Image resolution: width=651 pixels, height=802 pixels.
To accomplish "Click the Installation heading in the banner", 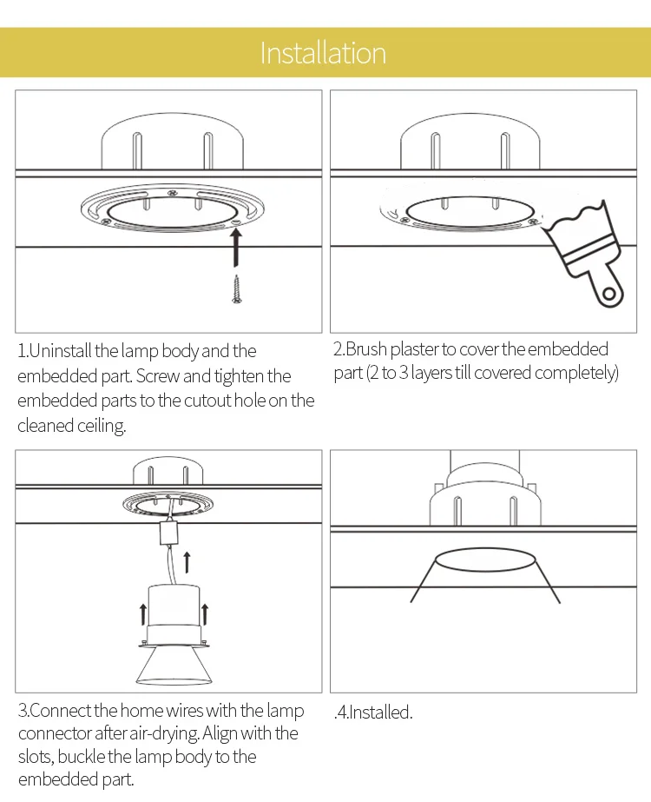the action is pos(323,53).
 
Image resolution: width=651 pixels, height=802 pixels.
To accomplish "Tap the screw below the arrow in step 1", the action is pos(236,289).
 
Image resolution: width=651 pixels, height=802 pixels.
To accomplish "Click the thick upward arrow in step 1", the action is pos(235,248).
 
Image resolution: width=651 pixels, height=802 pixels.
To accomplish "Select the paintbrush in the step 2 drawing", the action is pos(584,253).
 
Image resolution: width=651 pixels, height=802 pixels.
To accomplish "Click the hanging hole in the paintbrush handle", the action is pos(608,294).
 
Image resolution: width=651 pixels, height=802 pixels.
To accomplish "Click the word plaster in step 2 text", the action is pos(414,348).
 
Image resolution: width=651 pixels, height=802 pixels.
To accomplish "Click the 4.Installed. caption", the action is pos(373,712).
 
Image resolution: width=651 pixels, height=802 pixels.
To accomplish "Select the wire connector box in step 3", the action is pos(168,533).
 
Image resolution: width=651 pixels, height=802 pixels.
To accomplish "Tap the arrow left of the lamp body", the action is pos(143,613).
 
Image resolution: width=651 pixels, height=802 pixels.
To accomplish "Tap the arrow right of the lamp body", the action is pos(204,613).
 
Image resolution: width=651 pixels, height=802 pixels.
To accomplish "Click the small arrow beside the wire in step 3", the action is pos(187,562).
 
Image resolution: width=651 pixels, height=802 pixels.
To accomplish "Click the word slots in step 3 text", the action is pos(36,757).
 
